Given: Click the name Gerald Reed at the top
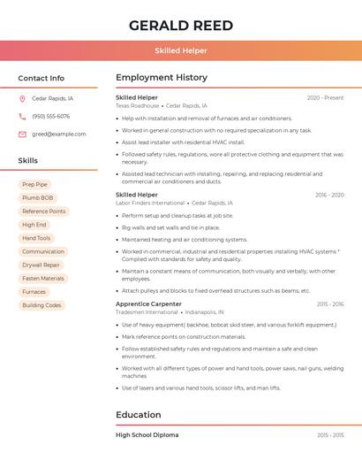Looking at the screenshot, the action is point(181,25).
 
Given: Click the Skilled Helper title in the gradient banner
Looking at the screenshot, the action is point(181,50).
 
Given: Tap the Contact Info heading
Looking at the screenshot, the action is point(41,78).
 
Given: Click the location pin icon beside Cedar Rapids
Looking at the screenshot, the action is point(22,99).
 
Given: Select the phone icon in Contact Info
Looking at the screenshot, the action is point(22,117).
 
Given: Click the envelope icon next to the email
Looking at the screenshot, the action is point(22,135).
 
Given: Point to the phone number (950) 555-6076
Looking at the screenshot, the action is point(50,117).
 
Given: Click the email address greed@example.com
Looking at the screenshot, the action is point(58,135).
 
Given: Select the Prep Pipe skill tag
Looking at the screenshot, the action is point(35,185).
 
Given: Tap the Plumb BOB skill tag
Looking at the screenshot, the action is point(37,198).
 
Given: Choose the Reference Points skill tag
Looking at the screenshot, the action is point(43,211).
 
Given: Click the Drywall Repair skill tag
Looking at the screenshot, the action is point(41,265).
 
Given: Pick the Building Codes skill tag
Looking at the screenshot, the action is point(41,305).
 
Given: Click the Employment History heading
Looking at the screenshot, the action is point(162,78).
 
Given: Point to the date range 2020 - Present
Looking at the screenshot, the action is point(325,97).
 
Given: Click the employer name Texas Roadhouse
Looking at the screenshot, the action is point(137,105).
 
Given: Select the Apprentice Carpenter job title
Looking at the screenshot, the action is point(148,304).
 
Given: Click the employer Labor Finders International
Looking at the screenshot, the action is point(150,203).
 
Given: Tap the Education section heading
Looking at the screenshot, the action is point(138,415).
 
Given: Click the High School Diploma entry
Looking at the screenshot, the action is point(147,435).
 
